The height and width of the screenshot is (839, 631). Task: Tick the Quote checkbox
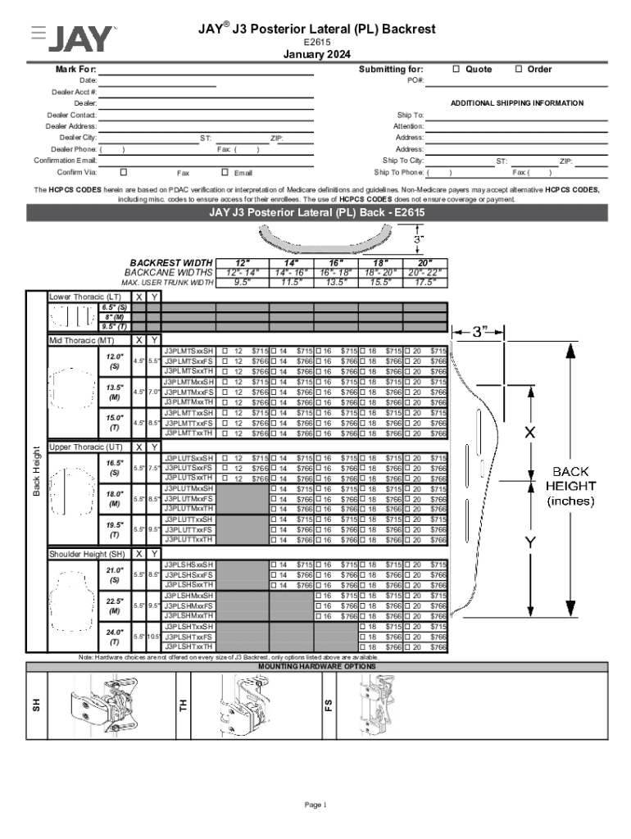click(456, 69)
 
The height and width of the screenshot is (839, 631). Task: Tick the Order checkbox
click(519, 69)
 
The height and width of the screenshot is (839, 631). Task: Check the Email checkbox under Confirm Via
click(225, 173)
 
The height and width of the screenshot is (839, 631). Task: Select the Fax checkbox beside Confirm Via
click(123, 173)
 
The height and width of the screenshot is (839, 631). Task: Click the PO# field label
click(415, 80)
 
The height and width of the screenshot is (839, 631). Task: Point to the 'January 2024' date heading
click(316, 55)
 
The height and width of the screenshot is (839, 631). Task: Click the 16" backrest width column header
click(337, 262)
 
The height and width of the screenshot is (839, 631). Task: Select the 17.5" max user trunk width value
click(425, 283)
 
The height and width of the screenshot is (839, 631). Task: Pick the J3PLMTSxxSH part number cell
click(188, 351)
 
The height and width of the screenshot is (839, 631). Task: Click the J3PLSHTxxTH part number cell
click(188, 647)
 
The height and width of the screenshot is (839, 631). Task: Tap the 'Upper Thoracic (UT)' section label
click(86, 447)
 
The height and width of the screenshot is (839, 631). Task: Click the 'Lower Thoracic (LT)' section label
click(85, 297)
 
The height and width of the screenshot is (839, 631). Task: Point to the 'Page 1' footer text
click(315, 805)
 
